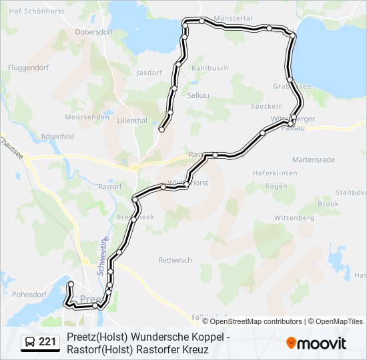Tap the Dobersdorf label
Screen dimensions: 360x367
pos(94,31)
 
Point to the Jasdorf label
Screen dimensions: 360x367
pos(149,73)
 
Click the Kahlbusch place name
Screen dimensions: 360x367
pos(210,67)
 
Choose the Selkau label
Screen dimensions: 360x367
pos(199,95)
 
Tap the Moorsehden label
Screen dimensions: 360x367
pos(87,117)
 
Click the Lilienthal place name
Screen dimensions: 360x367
pos(131,121)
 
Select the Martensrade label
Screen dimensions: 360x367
pos(314,159)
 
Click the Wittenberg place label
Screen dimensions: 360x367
pos(294,218)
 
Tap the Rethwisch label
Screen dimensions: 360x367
pos(175,260)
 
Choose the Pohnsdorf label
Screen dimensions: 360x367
pos(29,293)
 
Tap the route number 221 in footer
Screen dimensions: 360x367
pos(47,343)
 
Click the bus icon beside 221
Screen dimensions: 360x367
pos(31,343)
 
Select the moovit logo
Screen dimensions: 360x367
pos(316,343)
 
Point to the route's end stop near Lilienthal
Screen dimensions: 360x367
pos(161,130)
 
